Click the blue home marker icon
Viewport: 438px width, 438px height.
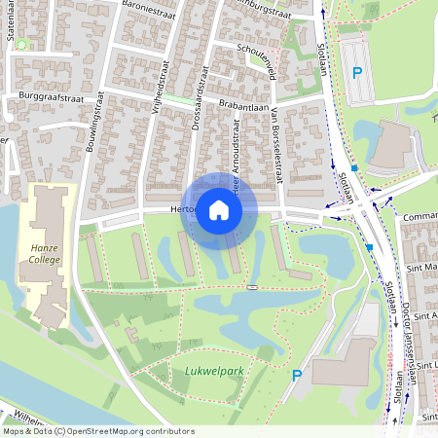[x=219, y=209]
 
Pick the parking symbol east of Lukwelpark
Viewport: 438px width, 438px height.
[x=297, y=375]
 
